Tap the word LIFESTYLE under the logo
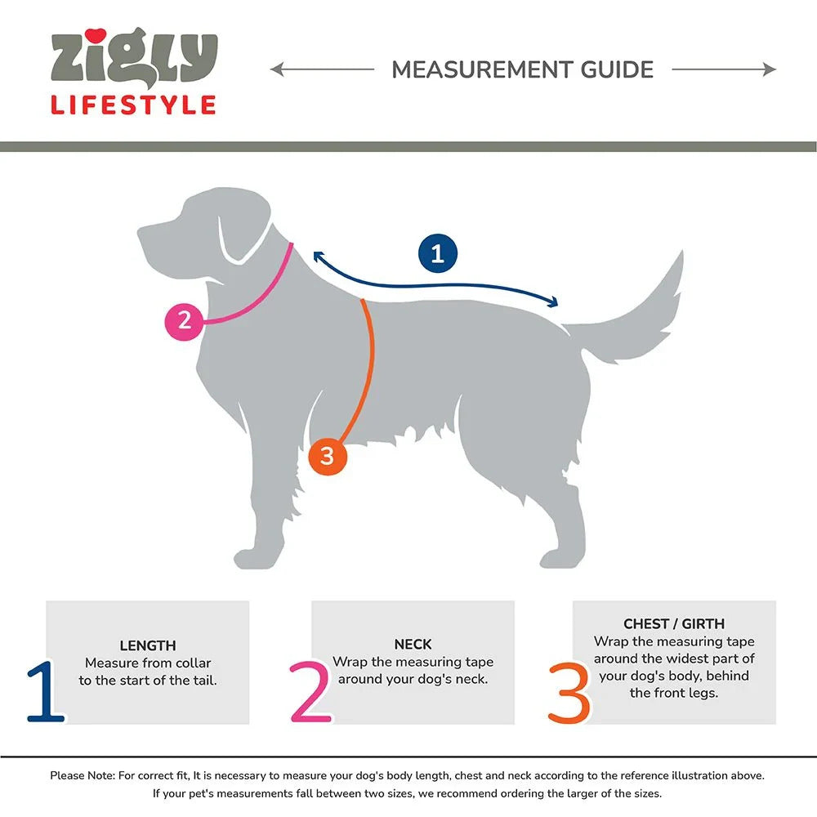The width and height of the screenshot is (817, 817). pos(133,105)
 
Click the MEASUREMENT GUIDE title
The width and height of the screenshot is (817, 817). pos(522,69)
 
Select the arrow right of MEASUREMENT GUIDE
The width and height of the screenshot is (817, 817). pos(724,69)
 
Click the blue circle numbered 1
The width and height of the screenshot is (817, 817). pos(437,253)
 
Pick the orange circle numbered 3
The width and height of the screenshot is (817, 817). pos(327,456)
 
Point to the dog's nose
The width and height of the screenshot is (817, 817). pos(141,233)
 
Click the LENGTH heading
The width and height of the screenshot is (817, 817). pos(148,645)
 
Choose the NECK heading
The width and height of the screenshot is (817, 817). pos(413,644)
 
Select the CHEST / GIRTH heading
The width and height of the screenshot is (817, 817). pos(674,623)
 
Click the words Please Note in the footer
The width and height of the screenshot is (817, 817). pos(81,775)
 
